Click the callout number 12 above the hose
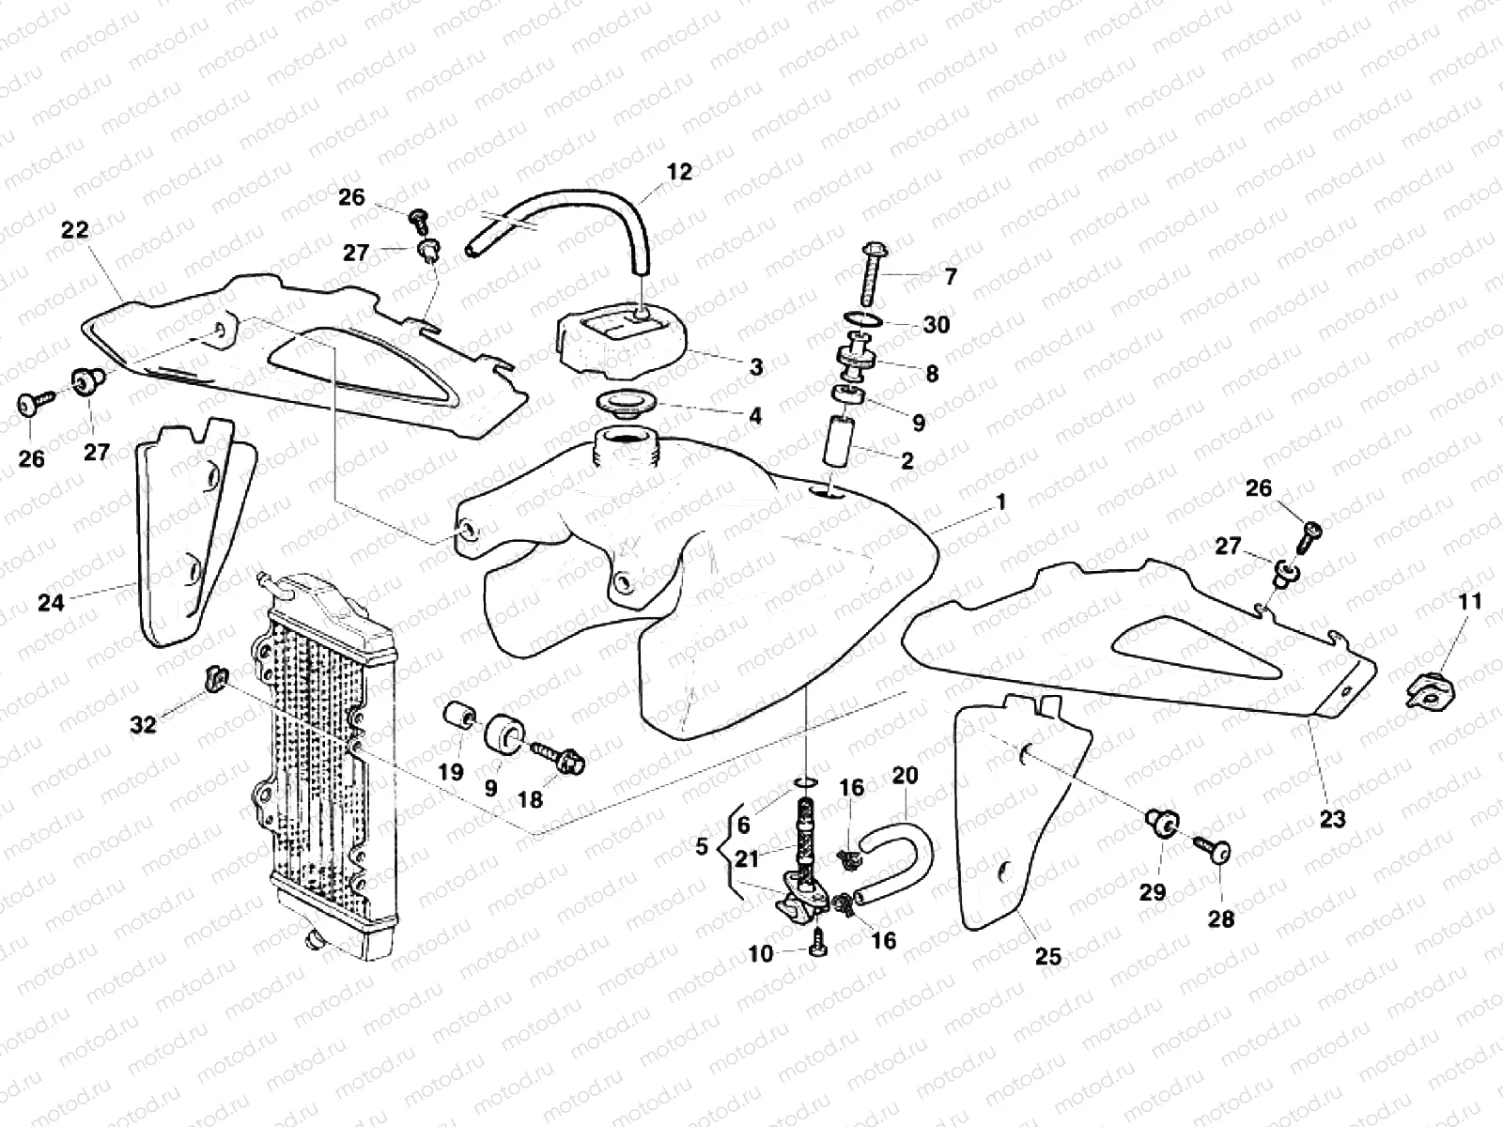pyautogui.click(x=679, y=172)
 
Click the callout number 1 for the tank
pyautogui.click(x=1001, y=502)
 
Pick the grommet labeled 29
pyautogui.click(x=1163, y=826)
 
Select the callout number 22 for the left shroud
pyautogui.click(x=75, y=230)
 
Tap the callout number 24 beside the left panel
pyautogui.click(x=51, y=602)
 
